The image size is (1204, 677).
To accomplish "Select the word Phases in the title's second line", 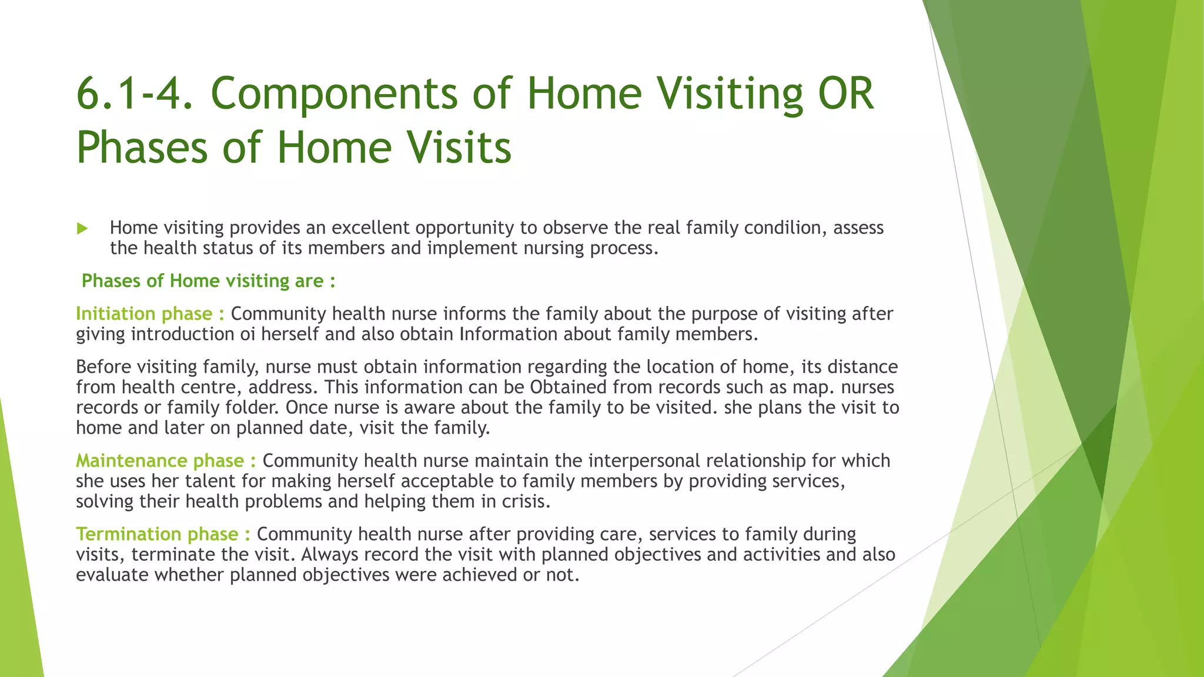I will pos(142,148).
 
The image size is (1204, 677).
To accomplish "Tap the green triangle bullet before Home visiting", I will pos(82,229).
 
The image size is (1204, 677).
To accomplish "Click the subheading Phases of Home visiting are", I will pos(208,281).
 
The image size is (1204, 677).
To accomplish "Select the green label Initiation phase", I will pos(149,314).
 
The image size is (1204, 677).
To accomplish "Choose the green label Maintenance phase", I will pos(165,461).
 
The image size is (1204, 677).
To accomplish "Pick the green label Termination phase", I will pos(163,534).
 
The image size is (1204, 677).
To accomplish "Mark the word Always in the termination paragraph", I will pos(329,555).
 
